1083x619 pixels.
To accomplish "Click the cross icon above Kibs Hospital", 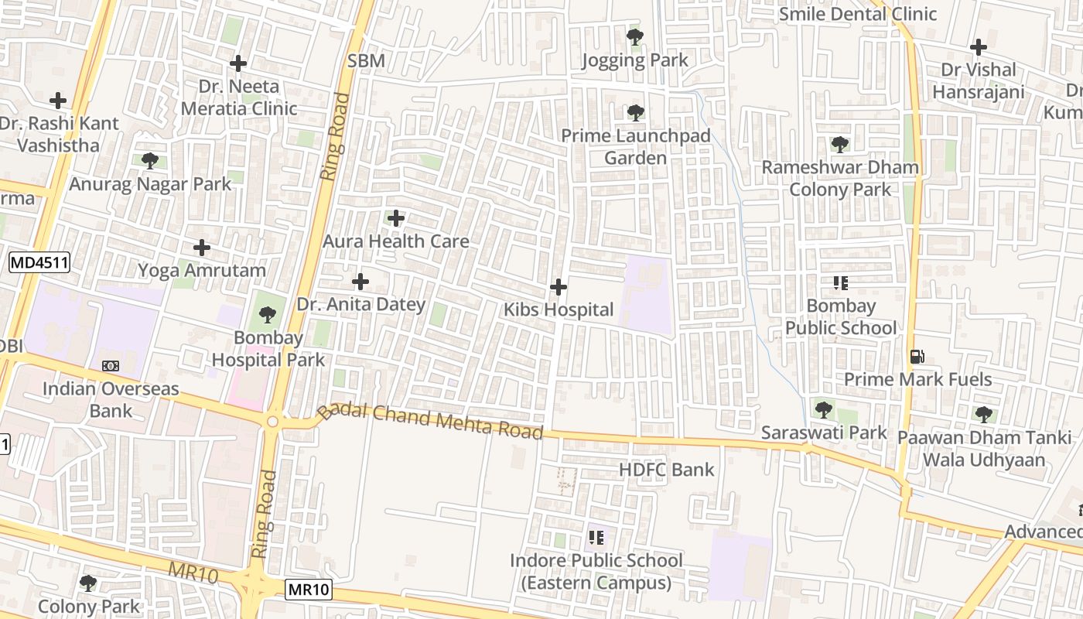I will (558, 288).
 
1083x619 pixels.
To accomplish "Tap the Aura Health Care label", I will (395, 241).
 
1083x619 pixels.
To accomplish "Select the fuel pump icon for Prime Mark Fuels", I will (917, 357).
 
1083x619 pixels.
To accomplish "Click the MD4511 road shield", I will (39, 263).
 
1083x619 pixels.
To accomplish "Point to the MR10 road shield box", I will (309, 590).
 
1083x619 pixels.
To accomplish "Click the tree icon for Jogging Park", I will (635, 36).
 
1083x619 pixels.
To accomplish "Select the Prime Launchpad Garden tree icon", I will (635, 113).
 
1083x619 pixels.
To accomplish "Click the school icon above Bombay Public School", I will (840, 283).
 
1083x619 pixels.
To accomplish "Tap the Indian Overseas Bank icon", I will (111, 365).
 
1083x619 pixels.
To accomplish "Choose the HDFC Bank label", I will (666, 470).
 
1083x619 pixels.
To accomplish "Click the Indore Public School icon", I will (596, 537).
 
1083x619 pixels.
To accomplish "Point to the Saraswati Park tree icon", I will (823, 409).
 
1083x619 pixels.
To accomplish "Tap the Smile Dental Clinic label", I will (857, 14).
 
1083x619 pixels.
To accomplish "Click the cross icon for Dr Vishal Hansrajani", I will (978, 47).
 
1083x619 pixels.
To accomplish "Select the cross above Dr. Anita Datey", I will (360, 282).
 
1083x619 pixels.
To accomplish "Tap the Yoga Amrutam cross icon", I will (202, 248).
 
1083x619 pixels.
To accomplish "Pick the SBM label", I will (366, 61).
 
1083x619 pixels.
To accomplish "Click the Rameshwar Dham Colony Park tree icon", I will (839, 144).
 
